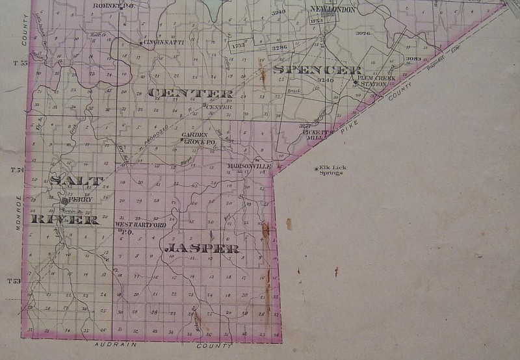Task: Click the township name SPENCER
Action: [317, 70]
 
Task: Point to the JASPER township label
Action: [203, 248]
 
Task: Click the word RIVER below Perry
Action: [65, 220]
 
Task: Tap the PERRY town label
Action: [81, 199]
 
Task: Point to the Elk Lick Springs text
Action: [333, 170]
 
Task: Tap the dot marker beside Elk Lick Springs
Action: [317, 169]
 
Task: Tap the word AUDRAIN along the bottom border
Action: [116, 345]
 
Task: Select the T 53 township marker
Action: [14, 281]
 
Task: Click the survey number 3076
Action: [363, 32]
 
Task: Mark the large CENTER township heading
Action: [190, 93]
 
